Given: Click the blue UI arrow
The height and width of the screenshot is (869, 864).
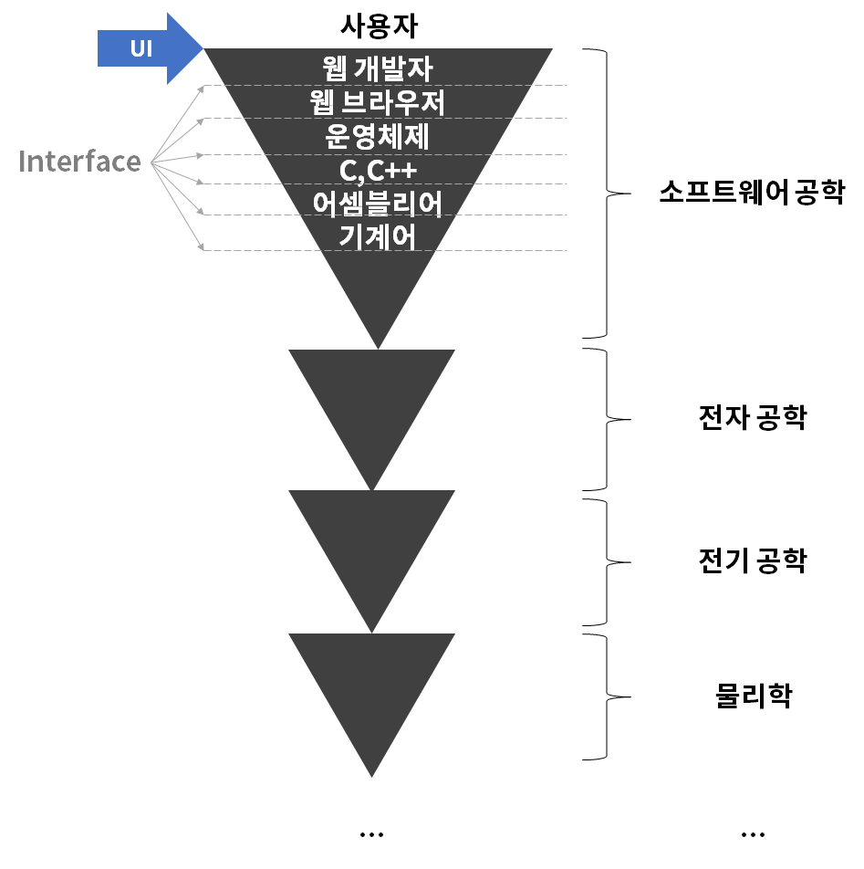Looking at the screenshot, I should tap(146, 48).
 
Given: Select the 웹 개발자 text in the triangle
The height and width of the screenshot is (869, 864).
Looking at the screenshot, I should tap(378, 68).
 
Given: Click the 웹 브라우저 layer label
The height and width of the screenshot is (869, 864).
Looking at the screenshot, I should tap(378, 102).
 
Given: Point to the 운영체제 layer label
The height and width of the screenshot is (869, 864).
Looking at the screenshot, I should tap(378, 136).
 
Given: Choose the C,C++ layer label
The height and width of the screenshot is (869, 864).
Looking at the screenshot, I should tap(378, 170).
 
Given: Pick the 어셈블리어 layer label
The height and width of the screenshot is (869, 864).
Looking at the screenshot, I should tap(378, 204).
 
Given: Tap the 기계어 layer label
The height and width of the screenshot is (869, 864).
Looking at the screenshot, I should tap(378, 236).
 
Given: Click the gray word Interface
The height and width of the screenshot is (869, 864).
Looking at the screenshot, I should tap(79, 162).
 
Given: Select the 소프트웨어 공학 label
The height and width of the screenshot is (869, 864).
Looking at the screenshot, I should tap(752, 194).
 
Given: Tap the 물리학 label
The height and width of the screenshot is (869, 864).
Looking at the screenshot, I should tap(754, 696).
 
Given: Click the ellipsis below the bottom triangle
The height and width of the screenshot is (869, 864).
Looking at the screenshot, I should tap(371, 833).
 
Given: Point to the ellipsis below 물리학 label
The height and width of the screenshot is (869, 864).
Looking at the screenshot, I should tap(753, 833).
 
